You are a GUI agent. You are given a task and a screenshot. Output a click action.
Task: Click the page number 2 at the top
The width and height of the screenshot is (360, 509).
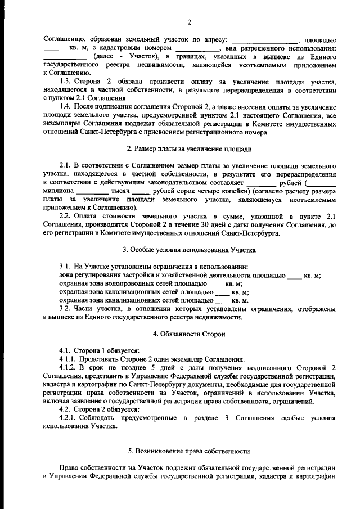(190, 22)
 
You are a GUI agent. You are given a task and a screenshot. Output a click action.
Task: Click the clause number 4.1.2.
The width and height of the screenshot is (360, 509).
(69, 367)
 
